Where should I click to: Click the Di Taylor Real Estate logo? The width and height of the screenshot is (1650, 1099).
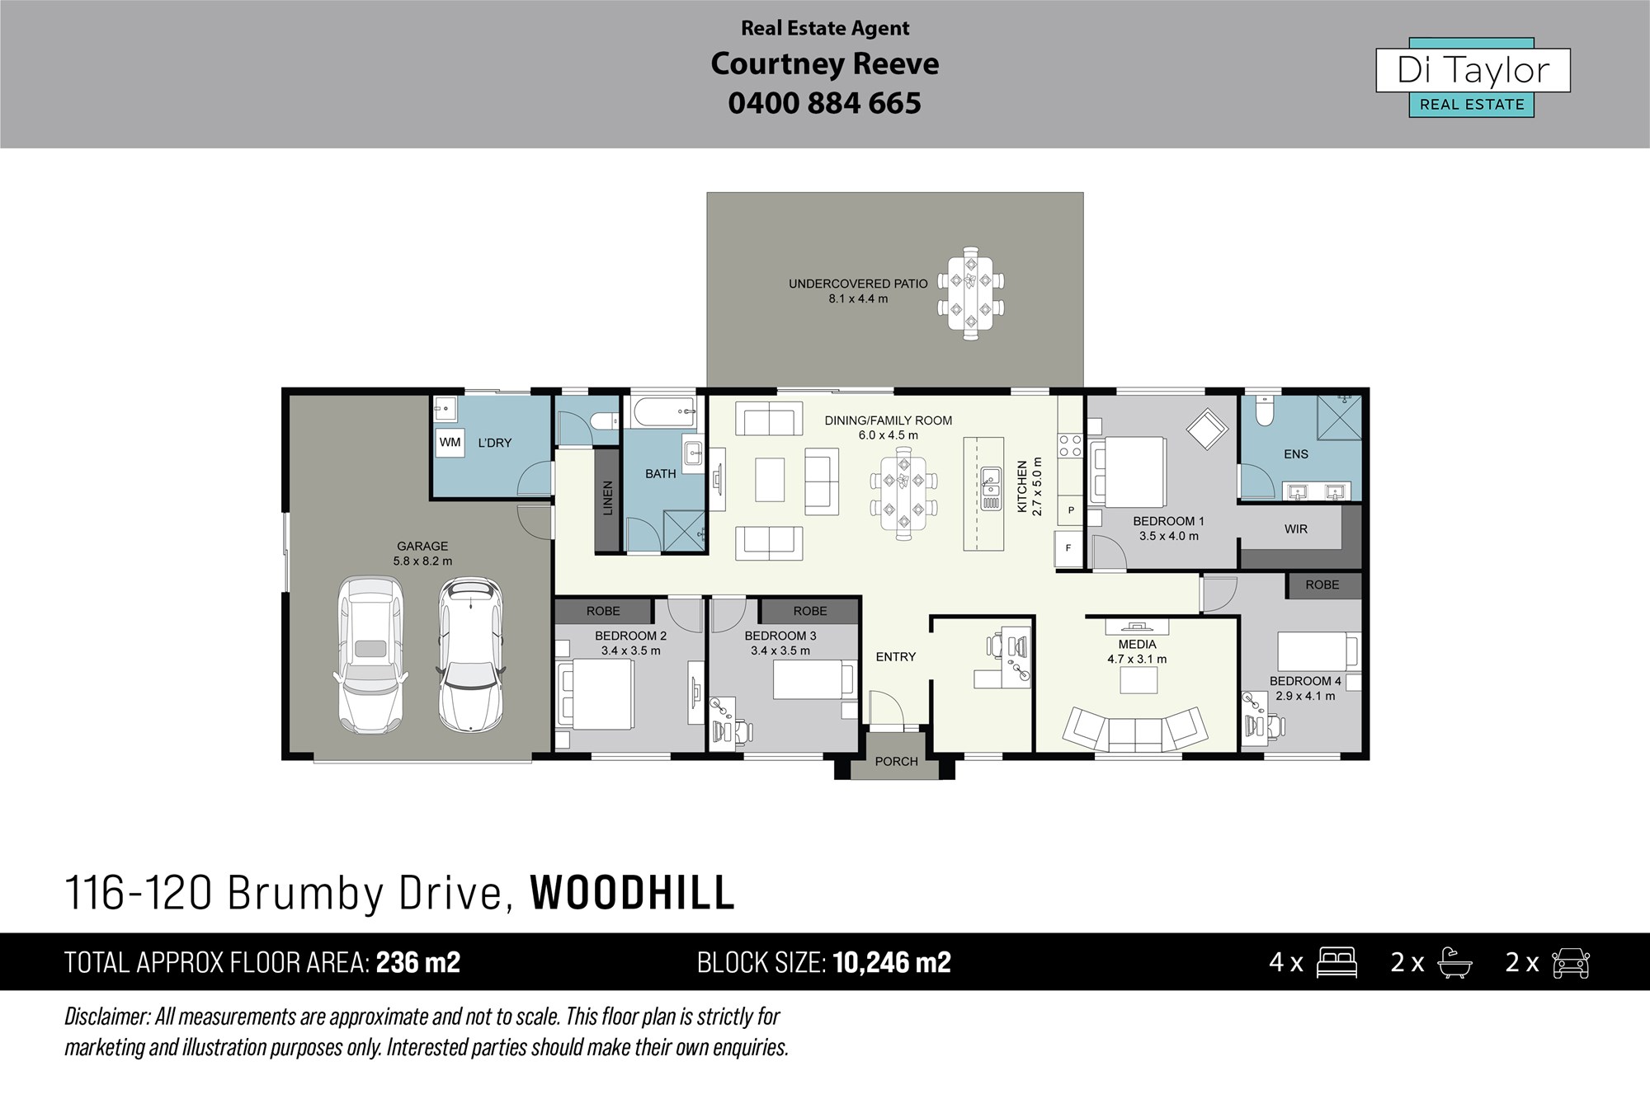click(1473, 77)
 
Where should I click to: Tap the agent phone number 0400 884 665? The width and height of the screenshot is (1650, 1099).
click(824, 103)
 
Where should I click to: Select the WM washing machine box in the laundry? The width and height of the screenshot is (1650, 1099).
click(450, 442)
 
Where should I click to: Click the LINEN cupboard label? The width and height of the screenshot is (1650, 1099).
click(608, 498)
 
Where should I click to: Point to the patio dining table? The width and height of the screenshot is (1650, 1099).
click(971, 293)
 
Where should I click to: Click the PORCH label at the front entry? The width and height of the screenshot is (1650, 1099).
click(896, 762)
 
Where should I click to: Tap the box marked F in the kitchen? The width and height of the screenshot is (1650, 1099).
click(1068, 548)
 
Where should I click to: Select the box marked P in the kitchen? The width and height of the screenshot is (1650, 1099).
click(1071, 510)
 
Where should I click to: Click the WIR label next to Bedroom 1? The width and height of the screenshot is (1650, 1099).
click(1295, 529)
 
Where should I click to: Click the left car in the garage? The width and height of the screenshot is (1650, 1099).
click(370, 655)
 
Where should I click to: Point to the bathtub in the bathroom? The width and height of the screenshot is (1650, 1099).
click(665, 412)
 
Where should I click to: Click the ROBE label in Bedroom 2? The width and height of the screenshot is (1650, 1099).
click(603, 611)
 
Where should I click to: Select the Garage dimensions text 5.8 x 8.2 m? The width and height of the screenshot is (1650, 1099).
click(422, 561)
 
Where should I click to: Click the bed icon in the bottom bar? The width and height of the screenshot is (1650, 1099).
click(1336, 963)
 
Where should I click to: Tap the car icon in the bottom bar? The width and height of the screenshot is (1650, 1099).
click(1571, 963)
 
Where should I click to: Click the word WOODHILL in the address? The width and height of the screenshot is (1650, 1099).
click(632, 893)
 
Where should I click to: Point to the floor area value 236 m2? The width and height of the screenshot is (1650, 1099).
click(418, 962)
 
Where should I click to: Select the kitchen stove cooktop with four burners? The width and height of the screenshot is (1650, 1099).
click(1070, 446)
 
